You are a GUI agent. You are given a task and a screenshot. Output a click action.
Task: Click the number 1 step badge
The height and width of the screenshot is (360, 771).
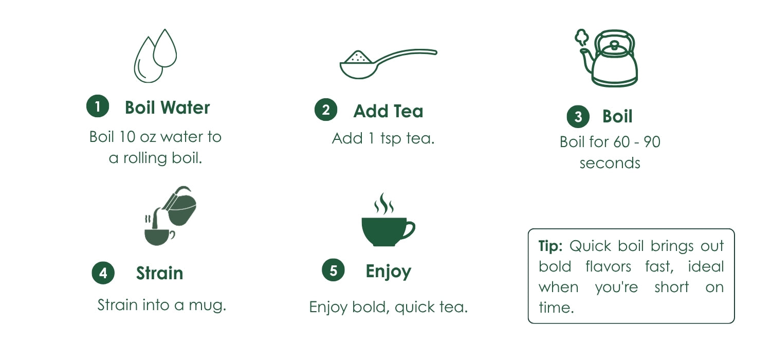98,106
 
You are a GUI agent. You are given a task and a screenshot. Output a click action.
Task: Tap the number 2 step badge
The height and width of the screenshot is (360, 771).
325,110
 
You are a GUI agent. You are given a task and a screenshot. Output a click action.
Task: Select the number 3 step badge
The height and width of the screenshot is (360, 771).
578,116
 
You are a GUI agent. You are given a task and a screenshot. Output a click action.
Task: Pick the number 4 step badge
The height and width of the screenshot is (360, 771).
103,273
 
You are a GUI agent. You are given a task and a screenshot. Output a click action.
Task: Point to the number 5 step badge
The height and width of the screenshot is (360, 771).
333,270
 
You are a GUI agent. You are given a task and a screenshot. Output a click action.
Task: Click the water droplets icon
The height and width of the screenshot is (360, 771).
155,56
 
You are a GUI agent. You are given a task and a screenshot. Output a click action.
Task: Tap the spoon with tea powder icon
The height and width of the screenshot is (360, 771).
388,64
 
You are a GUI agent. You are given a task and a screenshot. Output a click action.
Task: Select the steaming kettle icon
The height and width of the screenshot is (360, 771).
607,58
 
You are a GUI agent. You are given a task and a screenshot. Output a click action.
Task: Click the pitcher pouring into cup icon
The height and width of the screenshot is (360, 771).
170,216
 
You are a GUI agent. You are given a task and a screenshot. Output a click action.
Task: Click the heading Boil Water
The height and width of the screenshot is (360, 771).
167,107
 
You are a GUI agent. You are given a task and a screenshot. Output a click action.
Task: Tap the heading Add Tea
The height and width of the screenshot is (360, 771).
388,111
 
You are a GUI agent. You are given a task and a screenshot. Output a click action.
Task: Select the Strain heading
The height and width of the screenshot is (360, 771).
160,273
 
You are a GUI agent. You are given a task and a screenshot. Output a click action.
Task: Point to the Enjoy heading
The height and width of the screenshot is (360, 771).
388,272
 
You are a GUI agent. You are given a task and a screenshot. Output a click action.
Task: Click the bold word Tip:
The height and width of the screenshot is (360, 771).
550,246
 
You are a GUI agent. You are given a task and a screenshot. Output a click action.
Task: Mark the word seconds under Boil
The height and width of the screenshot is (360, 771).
610,164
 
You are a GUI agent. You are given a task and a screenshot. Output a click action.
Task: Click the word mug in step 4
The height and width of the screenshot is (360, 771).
207,305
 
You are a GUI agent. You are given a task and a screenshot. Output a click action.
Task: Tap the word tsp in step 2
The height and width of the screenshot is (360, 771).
391,139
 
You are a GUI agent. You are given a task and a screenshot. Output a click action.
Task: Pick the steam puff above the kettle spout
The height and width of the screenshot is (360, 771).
582,38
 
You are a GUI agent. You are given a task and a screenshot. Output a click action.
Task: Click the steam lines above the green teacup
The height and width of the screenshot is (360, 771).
384,203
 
